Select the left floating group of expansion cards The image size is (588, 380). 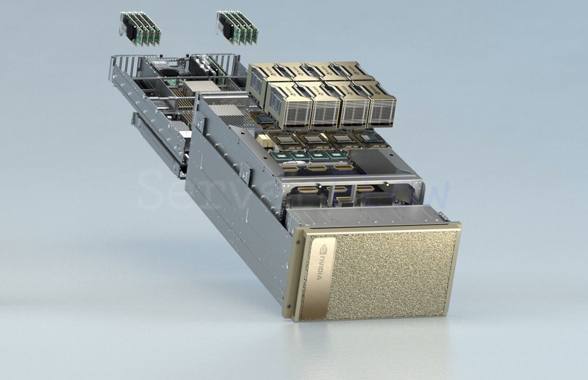(140, 27)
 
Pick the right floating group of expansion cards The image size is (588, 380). (237, 27)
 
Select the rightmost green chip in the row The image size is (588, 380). (340, 156)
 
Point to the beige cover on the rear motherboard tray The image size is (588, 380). (198, 87)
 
